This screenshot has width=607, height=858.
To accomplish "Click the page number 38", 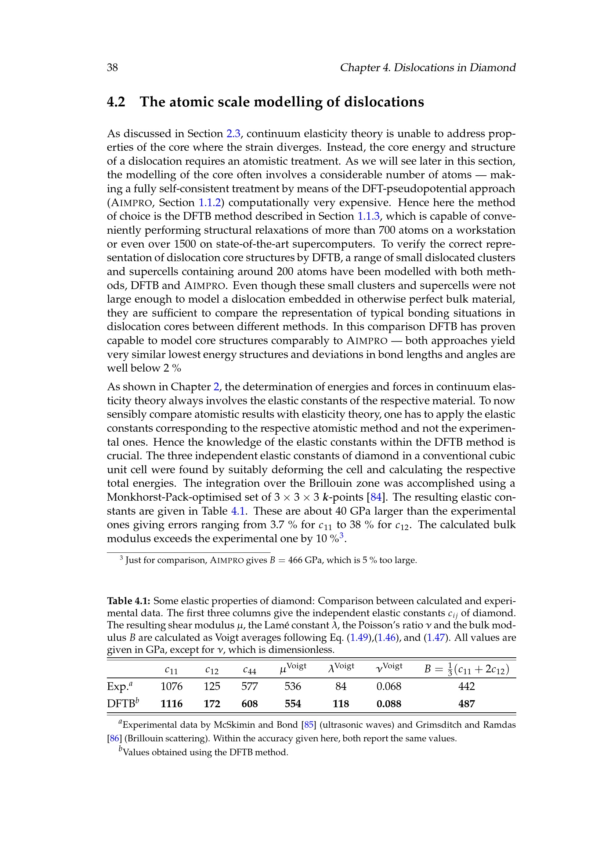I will click(x=112, y=67).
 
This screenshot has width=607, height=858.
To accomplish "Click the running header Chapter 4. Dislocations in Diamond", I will click(x=427, y=67).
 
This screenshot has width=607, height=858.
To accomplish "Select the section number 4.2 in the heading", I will click(x=116, y=102).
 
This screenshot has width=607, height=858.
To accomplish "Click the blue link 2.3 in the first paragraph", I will click(x=233, y=134).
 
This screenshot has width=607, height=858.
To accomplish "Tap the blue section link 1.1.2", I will click(x=210, y=202).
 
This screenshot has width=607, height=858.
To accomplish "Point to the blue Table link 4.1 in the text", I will click(x=238, y=511).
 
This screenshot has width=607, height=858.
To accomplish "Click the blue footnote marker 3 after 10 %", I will click(x=342, y=536).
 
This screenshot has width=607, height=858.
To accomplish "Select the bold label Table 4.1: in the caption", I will click(x=129, y=601).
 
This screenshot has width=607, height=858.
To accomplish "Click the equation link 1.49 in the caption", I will click(x=359, y=638).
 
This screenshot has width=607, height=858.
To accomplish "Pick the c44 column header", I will click(x=249, y=671).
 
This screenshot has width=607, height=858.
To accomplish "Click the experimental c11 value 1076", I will click(x=171, y=686).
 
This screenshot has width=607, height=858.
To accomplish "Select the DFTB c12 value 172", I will click(x=212, y=704).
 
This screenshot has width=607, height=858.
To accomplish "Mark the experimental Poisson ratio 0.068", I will click(x=389, y=686).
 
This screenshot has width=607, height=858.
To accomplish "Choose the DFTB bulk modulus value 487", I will click(x=466, y=704).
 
